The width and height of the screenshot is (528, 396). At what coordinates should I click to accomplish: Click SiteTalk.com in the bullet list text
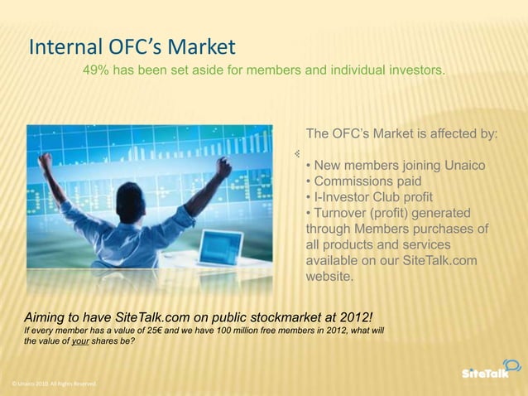[x=441, y=260]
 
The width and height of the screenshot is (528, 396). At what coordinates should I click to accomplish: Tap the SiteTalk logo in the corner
[x=491, y=371]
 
